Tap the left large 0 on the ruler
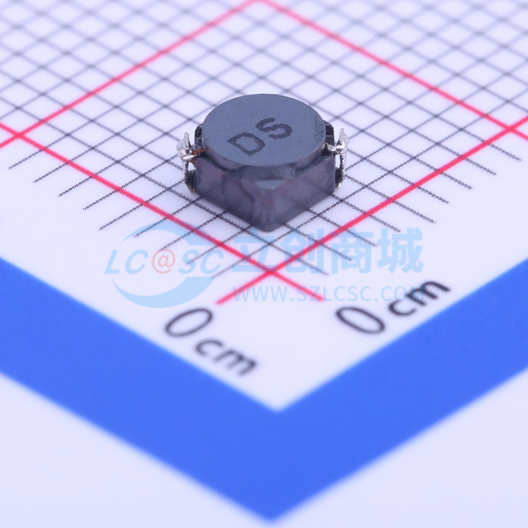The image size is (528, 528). coord(190,322)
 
